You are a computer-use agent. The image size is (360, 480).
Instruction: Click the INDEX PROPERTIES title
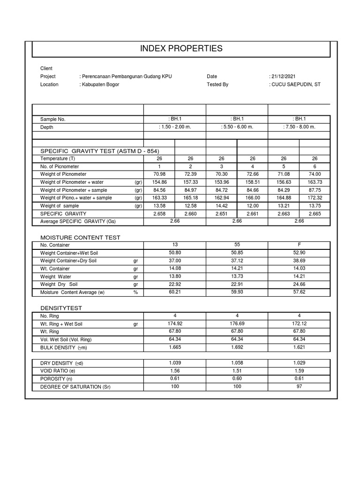click(x=181, y=49)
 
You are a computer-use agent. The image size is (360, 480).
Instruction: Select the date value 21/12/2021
click(x=283, y=76)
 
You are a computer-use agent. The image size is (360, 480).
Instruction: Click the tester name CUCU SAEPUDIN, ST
click(x=296, y=85)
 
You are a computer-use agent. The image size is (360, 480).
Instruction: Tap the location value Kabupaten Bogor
click(x=100, y=85)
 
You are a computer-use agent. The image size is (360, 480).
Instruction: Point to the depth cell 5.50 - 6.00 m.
click(x=237, y=127)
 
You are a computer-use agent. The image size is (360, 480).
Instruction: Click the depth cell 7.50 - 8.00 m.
click(x=299, y=127)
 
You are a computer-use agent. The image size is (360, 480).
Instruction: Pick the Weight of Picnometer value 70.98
click(x=159, y=174)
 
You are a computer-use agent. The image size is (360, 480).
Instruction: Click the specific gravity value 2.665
click(x=315, y=214)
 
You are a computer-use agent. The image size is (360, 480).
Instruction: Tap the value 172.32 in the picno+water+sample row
click(x=315, y=198)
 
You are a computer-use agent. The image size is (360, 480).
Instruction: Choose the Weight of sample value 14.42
click(x=221, y=206)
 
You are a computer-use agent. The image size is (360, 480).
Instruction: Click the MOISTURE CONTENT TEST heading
click(x=80, y=238)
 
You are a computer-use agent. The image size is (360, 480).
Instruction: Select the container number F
click(x=299, y=245)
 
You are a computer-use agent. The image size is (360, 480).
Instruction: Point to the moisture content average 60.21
click(x=174, y=292)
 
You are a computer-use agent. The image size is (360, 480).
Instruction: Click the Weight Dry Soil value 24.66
click(x=299, y=284)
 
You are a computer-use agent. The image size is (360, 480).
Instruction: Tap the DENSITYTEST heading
click(x=61, y=308)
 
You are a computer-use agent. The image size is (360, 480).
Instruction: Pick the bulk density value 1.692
click(x=237, y=347)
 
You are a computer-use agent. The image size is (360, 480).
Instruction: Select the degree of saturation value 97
click(x=299, y=386)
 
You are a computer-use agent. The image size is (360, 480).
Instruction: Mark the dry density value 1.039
click(x=174, y=363)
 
